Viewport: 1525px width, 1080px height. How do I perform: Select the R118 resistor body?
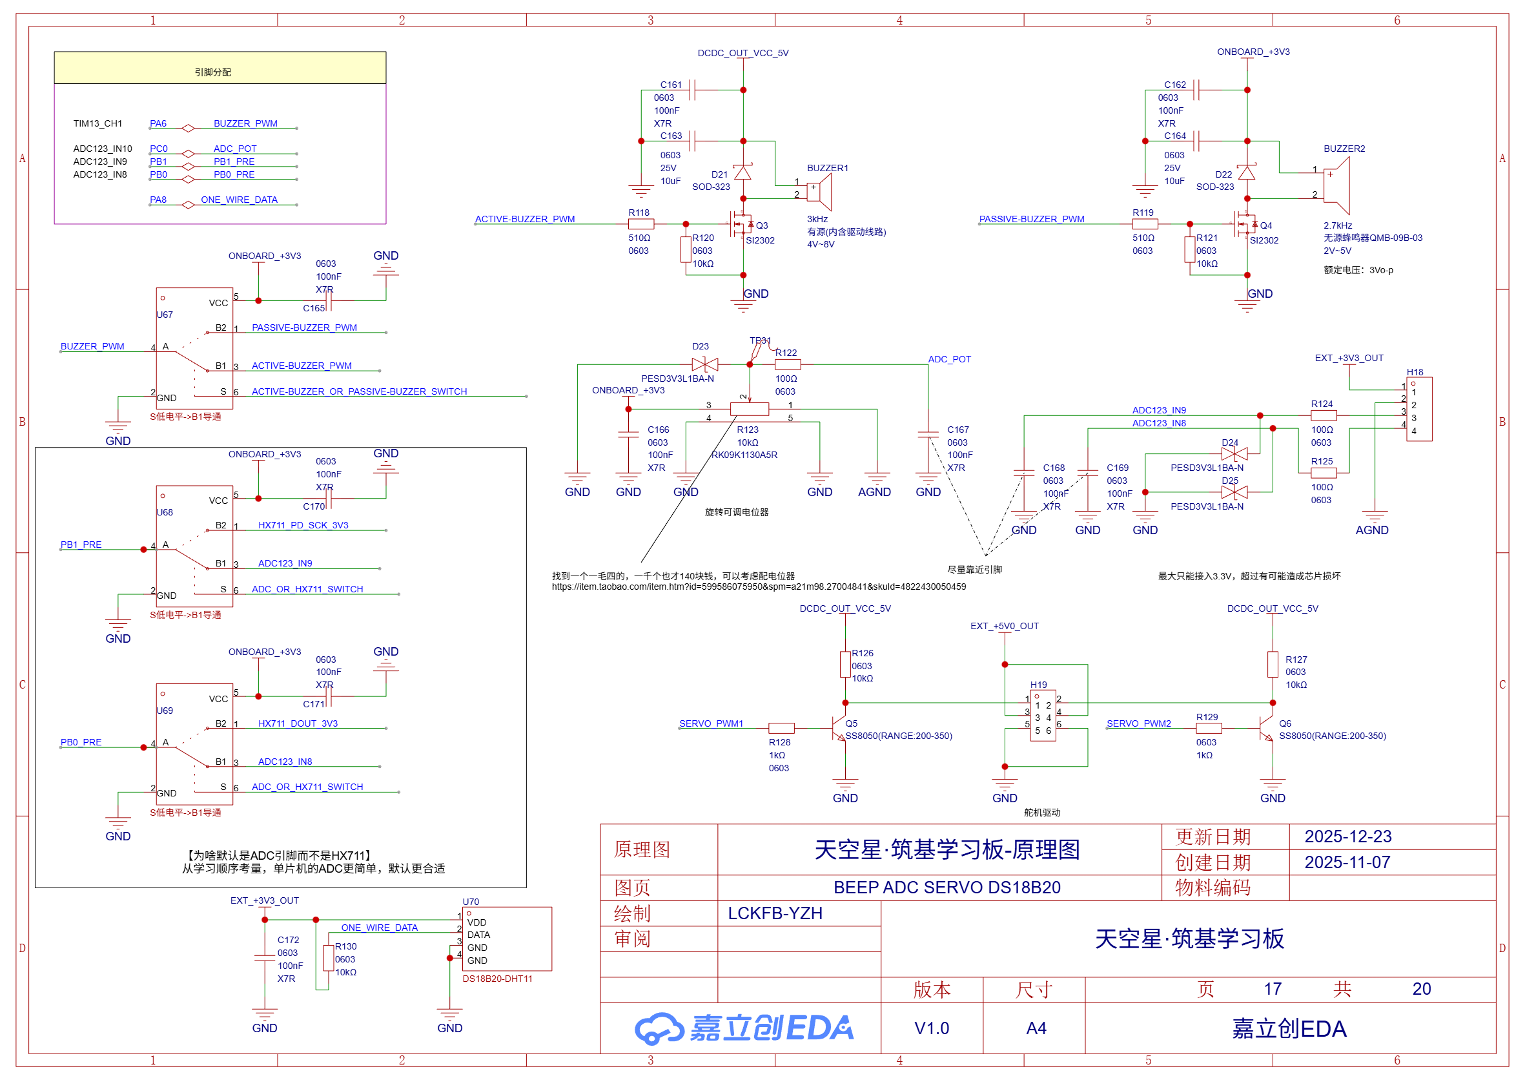(640, 224)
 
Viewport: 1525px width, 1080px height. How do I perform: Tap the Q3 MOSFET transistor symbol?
(740, 225)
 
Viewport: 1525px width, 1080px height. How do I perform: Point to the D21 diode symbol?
(742, 173)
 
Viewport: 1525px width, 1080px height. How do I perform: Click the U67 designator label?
(164, 315)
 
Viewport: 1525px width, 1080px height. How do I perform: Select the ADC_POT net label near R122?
(948, 359)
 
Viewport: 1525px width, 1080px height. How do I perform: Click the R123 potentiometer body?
(749, 409)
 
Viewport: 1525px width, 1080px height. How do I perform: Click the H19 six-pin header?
(1042, 715)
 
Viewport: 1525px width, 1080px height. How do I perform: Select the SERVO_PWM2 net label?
(1138, 723)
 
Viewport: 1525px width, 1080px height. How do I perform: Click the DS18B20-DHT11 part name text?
(496, 979)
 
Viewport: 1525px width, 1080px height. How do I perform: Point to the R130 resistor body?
(328, 959)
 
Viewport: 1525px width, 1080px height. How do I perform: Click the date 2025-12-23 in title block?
(1347, 836)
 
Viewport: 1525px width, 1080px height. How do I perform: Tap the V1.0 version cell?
(932, 1028)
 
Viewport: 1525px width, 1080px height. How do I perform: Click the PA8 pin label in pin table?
(158, 200)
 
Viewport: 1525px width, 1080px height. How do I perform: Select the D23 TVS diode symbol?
(704, 364)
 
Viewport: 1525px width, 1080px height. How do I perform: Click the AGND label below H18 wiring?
(1371, 530)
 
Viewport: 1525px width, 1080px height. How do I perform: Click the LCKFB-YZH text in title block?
(775, 913)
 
